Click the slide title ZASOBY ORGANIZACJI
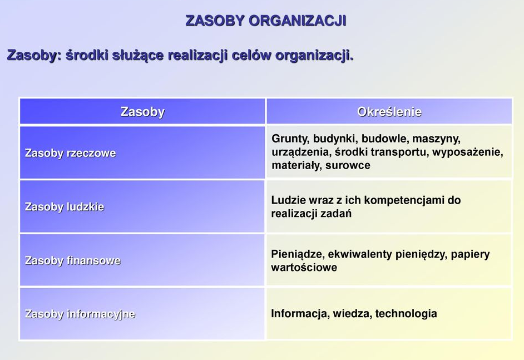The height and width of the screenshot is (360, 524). point(266,21)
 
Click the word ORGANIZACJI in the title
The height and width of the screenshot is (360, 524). point(298,21)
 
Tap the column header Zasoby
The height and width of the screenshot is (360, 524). point(142,112)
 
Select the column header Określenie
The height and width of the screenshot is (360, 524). point(389,112)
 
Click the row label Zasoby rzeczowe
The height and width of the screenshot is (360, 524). point(71,153)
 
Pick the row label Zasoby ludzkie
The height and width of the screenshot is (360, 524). point(65,207)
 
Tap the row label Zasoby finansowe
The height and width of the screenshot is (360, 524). point(73,260)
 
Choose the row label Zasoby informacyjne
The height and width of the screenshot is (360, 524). point(80,314)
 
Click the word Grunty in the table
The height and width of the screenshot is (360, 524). point(290,139)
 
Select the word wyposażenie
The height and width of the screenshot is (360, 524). point(467,152)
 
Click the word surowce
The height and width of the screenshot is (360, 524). point(348,165)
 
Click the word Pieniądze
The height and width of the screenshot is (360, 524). point(298,254)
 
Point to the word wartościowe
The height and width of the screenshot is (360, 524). point(304,268)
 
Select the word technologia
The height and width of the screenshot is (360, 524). point(406,313)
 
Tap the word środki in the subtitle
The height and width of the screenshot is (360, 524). point(87,55)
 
